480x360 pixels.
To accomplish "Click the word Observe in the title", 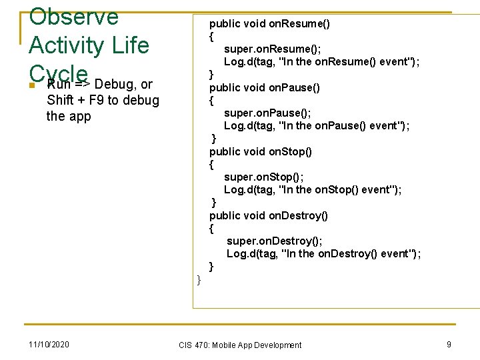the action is [73, 15].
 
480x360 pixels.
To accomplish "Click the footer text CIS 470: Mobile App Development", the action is [240, 345].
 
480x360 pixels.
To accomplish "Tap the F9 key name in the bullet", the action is [95, 100].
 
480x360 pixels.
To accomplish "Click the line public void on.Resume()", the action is [269, 24].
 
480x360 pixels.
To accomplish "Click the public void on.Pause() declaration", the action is [265, 87].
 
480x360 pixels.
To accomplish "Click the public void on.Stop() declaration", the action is [261, 151].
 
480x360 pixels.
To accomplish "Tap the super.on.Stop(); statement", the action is [263, 177].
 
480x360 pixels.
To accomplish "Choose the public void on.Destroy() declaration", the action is [269, 215].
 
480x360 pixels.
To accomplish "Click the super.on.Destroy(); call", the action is [274, 241].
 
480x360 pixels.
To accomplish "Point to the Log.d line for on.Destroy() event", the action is [323, 253].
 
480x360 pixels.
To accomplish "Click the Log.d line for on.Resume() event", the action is [321, 61].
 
